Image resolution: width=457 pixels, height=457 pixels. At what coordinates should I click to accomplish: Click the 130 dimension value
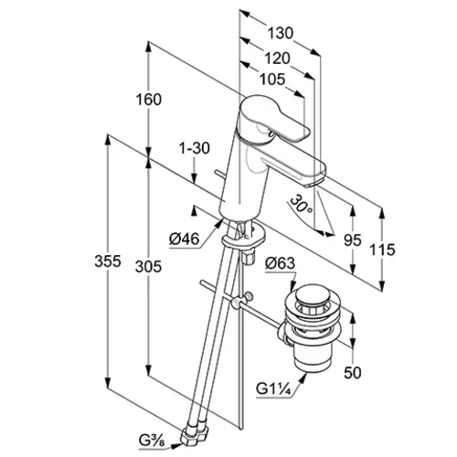coord(281,33)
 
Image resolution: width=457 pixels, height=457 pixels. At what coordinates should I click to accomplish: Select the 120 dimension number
coord(277,58)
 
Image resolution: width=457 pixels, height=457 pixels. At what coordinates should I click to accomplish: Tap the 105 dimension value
coord(272,80)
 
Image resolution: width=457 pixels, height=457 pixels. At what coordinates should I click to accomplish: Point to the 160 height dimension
coord(149,100)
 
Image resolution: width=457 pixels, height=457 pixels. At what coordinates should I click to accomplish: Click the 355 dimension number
coord(108,261)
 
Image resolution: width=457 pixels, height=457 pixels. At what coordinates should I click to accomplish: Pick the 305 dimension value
coord(148,267)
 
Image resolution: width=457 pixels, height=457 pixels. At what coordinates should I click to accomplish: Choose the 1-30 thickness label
coord(195,149)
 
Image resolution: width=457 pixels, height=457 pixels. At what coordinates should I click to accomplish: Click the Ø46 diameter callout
coord(184,239)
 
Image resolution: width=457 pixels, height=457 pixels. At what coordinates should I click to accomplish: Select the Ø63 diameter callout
coord(280,263)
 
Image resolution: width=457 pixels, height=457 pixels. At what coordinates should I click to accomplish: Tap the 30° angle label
coord(301,204)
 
